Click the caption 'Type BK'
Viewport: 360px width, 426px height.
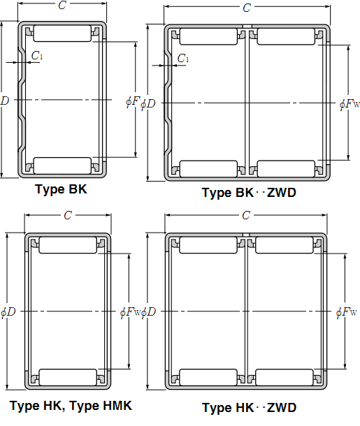pos(61,189)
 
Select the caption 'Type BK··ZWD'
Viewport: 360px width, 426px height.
pos(249,193)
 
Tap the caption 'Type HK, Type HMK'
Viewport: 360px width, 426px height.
pos(71,406)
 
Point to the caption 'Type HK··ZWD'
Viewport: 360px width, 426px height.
pos(249,408)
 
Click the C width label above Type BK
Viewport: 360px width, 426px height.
pos(62,5)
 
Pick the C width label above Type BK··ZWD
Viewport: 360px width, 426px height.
pos(247,8)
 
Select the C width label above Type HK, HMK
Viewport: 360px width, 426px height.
pos(68,216)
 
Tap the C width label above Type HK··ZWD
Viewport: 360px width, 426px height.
pos(246,216)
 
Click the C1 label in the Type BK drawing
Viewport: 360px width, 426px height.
pos(37,55)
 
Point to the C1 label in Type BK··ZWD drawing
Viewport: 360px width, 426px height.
pos(183,58)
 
